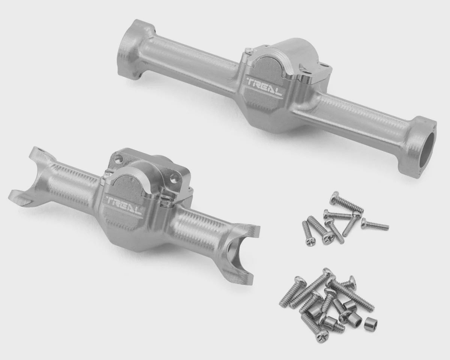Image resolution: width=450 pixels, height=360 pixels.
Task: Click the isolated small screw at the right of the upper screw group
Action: tap(375, 224)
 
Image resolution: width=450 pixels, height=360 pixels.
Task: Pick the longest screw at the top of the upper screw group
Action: tap(346, 202)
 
